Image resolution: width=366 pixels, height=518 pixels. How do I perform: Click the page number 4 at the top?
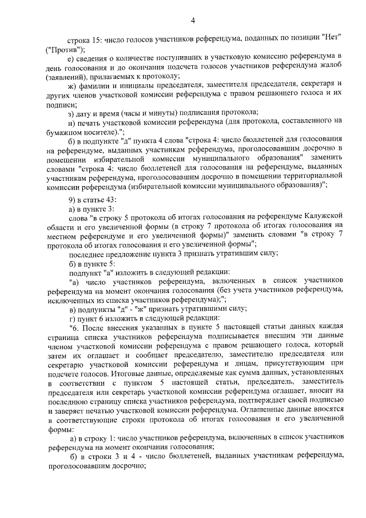click(x=193, y=21)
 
